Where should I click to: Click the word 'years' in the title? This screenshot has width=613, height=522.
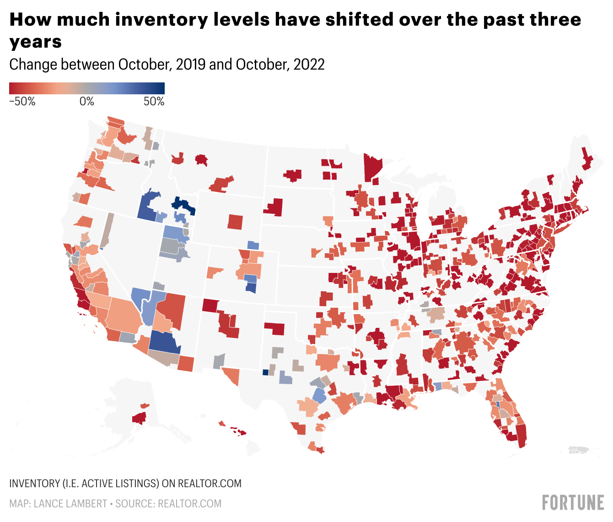36,42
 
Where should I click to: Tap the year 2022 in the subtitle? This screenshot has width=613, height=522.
309,65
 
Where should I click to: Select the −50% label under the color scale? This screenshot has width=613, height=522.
22,102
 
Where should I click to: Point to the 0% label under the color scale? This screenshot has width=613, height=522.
87,102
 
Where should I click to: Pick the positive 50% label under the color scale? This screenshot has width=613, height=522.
154,102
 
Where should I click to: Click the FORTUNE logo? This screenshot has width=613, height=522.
573,502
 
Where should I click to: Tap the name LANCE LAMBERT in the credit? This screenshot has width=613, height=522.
70,504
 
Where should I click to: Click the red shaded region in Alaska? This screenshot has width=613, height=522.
139,418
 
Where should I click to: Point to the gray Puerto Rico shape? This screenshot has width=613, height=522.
580,450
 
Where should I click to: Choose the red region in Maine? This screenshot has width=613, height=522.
586,160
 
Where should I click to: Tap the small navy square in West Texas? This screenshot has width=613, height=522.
265,372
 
